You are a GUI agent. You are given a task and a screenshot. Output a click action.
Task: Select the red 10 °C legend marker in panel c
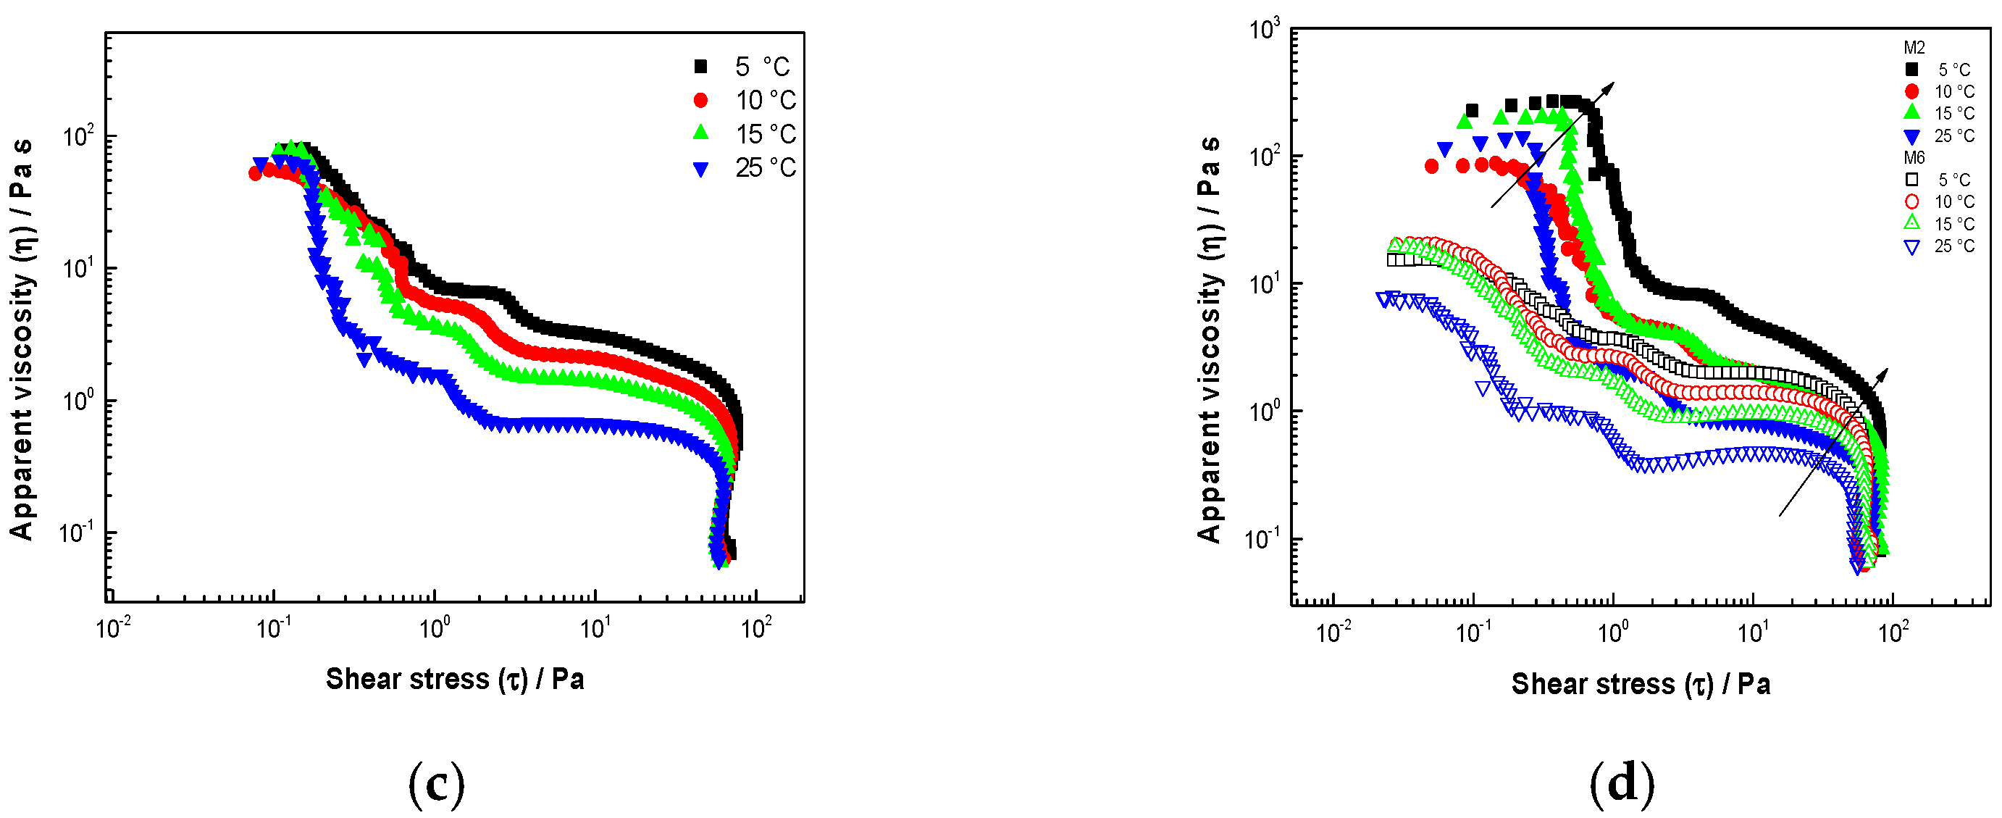[701, 100]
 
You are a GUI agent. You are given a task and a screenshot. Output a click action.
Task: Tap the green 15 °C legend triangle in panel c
[701, 133]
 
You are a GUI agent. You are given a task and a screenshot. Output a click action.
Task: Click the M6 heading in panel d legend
[1914, 158]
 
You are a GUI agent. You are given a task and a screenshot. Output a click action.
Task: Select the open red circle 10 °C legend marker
[1912, 202]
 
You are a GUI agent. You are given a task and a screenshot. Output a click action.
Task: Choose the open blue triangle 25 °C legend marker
[1912, 247]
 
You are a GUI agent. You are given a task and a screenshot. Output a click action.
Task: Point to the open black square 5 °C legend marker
[1912, 180]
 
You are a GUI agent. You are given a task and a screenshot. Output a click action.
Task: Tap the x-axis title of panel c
[455, 679]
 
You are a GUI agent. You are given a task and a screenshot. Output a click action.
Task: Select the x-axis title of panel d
[1641, 683]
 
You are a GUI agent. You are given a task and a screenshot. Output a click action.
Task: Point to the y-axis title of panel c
[21, 339]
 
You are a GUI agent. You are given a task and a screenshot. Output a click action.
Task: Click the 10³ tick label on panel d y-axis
[1264, 30]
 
